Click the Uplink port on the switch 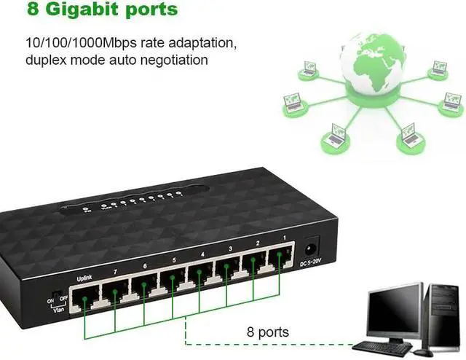pyautogui.click(x=84, y=293)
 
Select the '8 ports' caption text pyautogui.click(x=268, y=332)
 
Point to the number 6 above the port pyautogui.click(x=146, y=267)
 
